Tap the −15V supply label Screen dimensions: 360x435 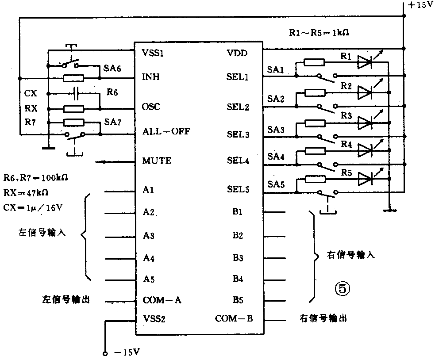(127, 352)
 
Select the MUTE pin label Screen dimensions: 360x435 (157, 161)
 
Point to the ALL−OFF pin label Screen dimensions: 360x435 (166, 131)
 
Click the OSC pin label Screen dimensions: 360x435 (151, 107)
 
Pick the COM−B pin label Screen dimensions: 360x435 (234, 318)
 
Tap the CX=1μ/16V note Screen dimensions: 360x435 (32, 207)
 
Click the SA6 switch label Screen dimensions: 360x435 (112, 69)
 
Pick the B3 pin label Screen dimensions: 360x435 (238, 257)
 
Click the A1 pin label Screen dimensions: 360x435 (148, 190)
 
